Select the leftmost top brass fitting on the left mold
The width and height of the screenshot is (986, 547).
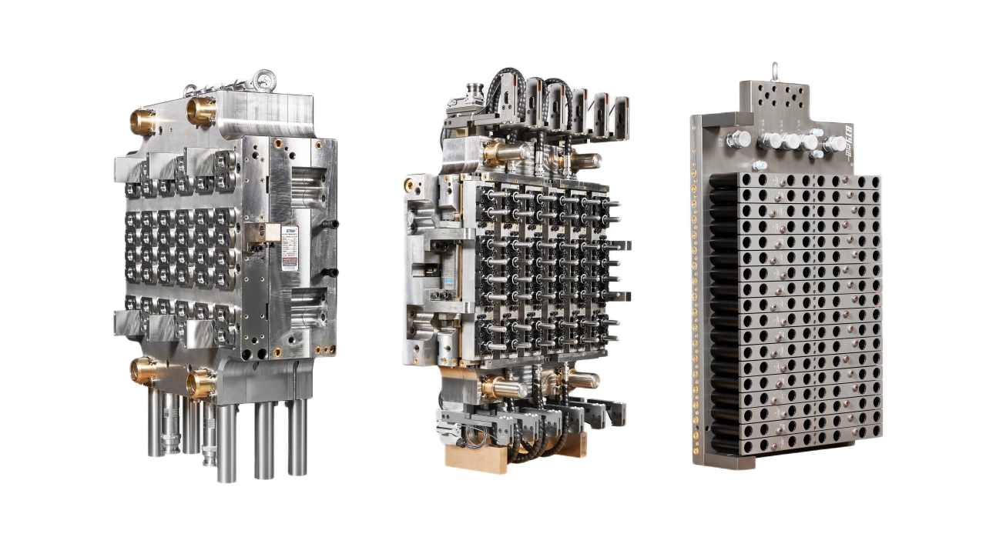[144, 121]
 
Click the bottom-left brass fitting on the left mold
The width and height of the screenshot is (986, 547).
[144, 370]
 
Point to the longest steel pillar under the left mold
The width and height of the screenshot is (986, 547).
[226, 442]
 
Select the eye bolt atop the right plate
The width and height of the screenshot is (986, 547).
[775, 72]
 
